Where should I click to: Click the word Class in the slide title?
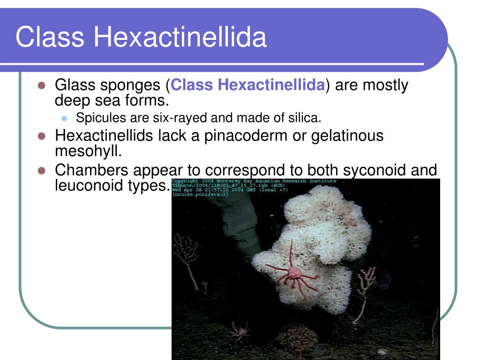[49, 37]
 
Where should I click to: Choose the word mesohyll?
[88, 151]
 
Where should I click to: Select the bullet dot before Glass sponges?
[41, 86]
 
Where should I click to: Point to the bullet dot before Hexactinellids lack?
[41, 136]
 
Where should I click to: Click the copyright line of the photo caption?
[254, 181]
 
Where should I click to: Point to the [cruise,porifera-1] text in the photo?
[200, 194]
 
